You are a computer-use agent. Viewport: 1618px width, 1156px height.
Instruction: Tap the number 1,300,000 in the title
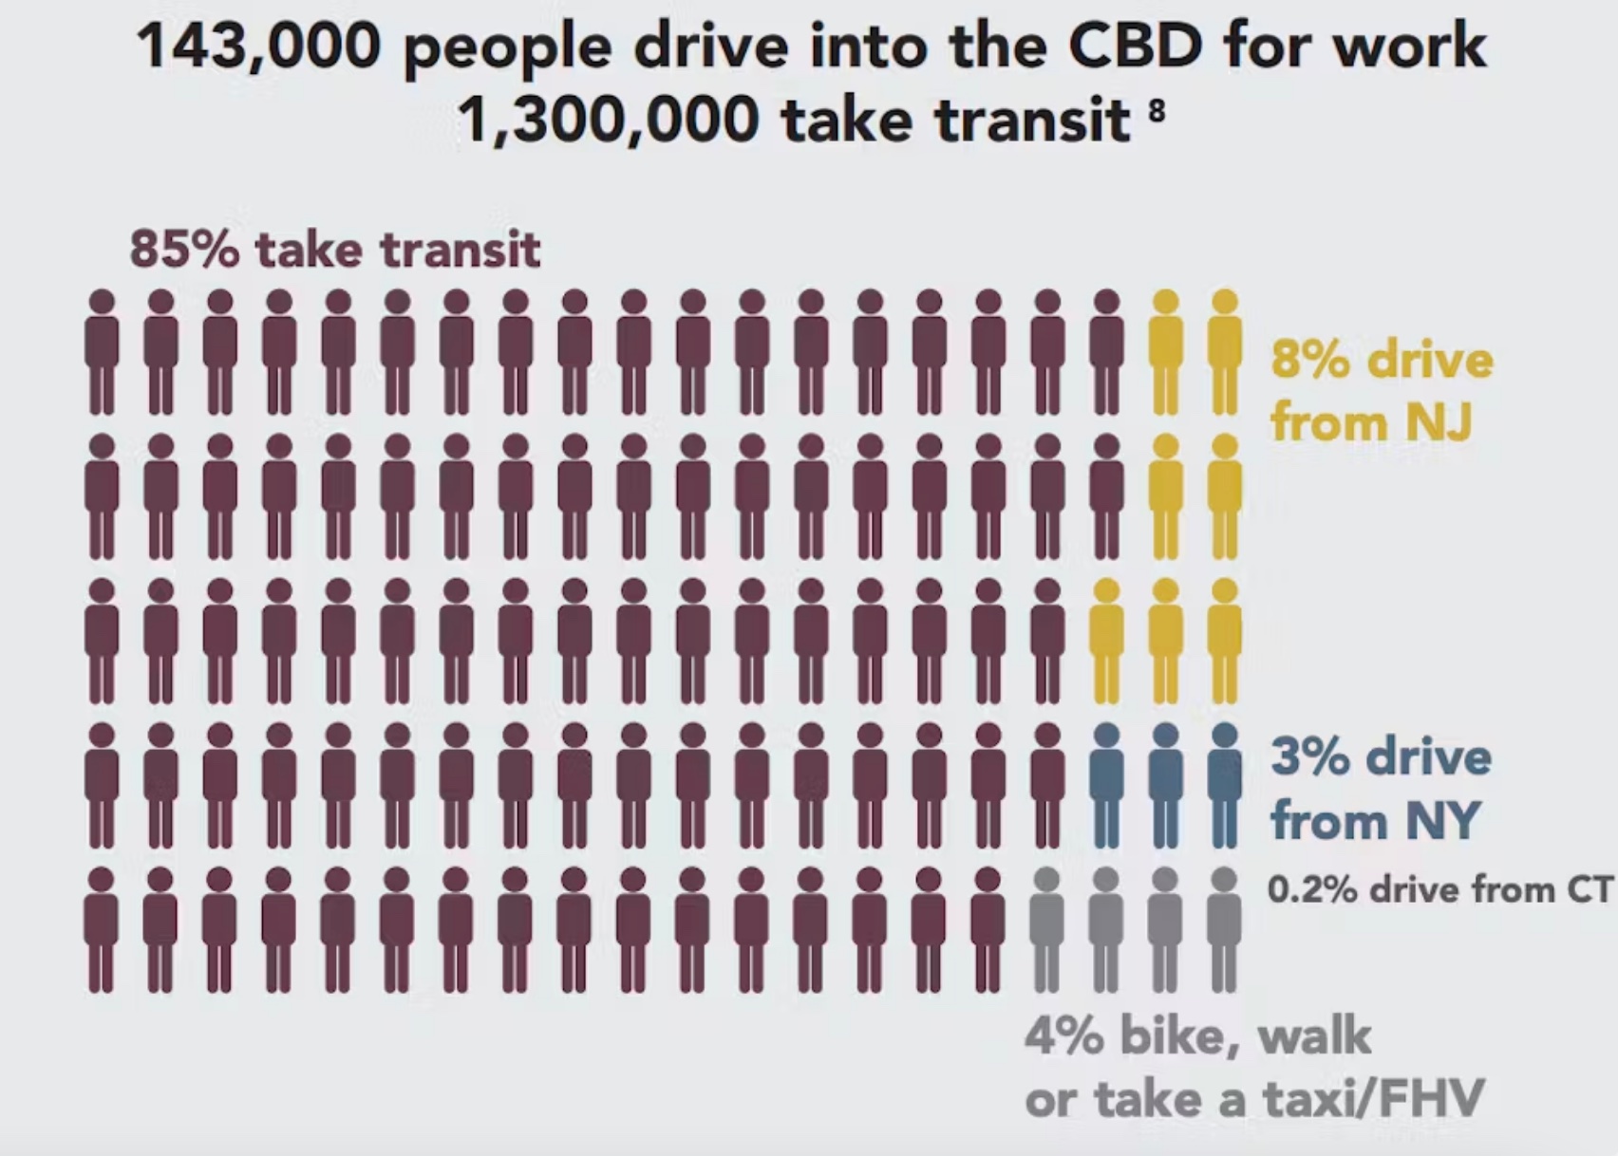point(609,121)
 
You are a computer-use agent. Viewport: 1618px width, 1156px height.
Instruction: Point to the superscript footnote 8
point(1155,108)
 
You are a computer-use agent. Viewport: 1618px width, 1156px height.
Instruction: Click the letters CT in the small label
point(1590,890)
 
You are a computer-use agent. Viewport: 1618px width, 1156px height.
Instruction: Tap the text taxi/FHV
point(1372,1100)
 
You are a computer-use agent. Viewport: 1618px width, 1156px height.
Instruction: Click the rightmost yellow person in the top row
point(1225,352)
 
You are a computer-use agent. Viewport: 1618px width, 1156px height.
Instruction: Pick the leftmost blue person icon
point(1106,785)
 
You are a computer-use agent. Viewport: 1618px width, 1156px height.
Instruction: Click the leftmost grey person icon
point(1046,929)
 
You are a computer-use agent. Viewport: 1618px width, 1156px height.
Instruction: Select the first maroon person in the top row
point(102,352)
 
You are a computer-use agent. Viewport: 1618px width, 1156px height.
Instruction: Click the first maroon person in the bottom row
point(102,929)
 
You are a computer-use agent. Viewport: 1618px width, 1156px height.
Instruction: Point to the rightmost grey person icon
point(1225,929)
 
